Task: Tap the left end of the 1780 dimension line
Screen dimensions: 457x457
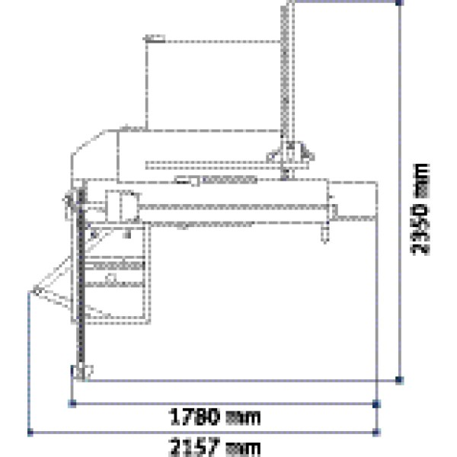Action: click(71, 401)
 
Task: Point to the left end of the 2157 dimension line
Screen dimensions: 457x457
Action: click(29, 432)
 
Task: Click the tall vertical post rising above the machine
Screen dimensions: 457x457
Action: click(287, 76)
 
